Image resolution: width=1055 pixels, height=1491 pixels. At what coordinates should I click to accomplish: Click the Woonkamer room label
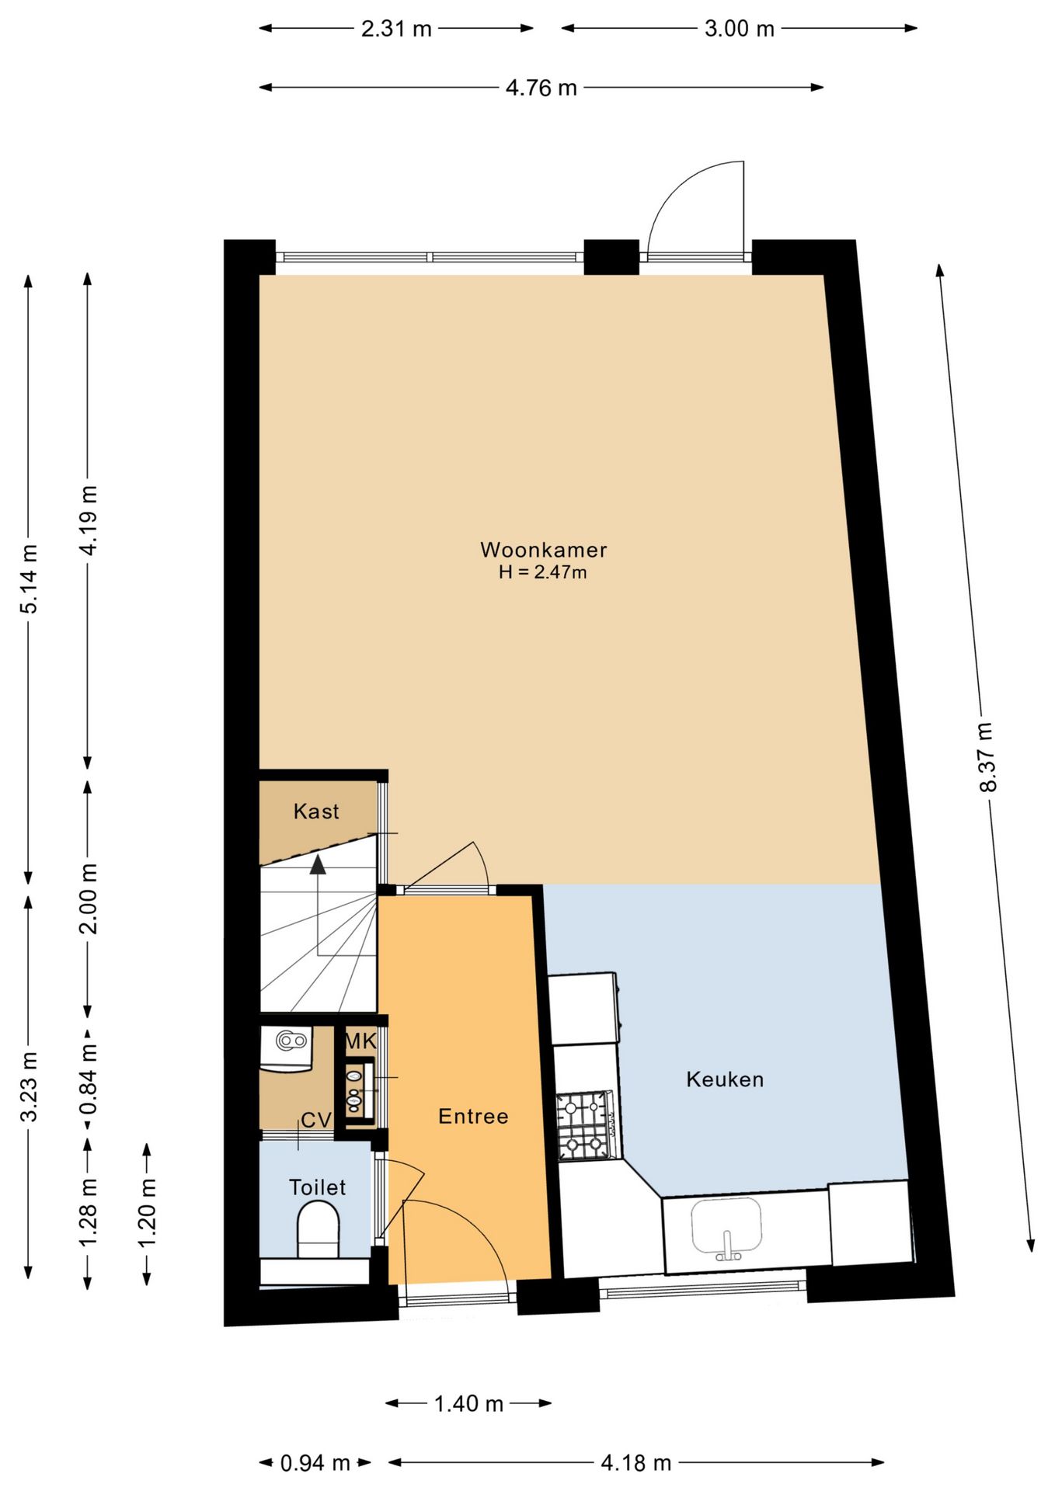543,550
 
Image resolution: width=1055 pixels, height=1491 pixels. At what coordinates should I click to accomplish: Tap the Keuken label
725,1079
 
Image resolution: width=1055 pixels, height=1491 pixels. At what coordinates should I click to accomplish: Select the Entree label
473,1117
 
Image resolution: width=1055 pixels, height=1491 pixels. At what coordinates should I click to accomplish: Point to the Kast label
316,812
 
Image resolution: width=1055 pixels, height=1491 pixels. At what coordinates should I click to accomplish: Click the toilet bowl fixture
318,1229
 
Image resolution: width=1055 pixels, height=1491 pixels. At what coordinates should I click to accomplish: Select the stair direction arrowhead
318,864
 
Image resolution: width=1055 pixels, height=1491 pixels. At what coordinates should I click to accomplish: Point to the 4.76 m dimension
541,88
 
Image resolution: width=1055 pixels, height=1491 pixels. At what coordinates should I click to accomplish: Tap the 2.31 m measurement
396,29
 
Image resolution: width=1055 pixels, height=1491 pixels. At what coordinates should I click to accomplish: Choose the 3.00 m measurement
740,29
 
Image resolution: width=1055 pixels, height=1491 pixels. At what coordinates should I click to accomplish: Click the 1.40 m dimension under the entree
468,1403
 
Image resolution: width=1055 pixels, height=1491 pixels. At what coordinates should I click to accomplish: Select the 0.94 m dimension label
315,1463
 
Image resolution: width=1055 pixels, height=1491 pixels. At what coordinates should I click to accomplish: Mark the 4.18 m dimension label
636,1463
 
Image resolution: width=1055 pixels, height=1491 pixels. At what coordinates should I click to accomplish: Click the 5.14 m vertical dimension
29,579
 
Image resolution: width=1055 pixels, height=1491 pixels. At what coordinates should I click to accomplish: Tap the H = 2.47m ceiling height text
543,572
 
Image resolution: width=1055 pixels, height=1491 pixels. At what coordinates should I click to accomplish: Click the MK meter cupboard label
360,1041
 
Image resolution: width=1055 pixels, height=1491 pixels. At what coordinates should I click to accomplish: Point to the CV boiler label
316,1120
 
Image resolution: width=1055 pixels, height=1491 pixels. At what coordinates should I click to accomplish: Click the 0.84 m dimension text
89,1079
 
